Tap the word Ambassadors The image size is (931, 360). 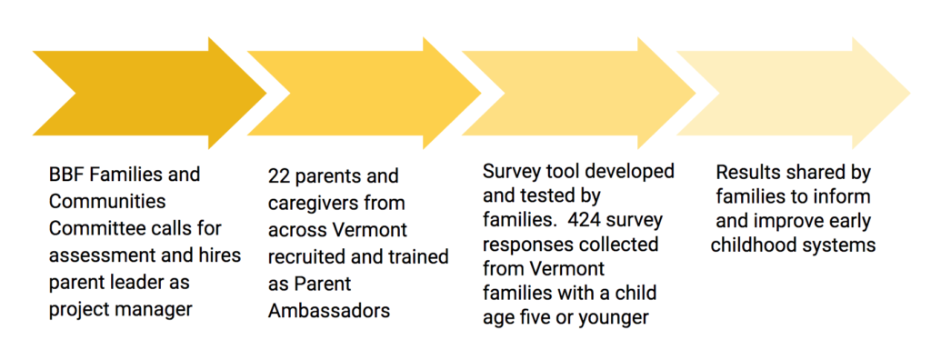point(329,310)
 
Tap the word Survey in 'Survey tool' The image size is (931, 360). point(509,172)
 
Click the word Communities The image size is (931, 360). point(108,200)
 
